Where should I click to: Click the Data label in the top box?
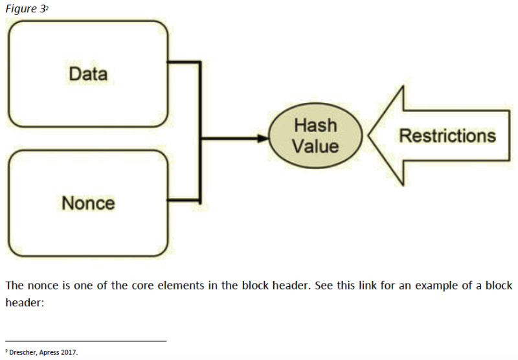click(x=88, y=73)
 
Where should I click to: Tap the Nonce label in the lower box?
click(x=88, y=203)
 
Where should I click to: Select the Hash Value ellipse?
click(x=315, y=136)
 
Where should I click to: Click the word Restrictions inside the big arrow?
click(x=447, y=136)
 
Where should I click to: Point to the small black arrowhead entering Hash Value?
click(x=263, y=138)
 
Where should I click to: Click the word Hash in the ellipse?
click(x=315, y=125)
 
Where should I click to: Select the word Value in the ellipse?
click(x=315, y=146)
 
